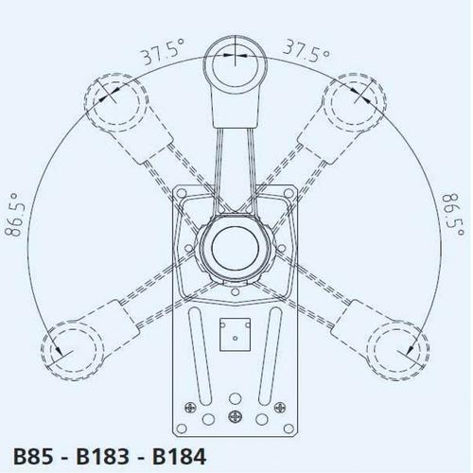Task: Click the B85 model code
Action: [33, 456]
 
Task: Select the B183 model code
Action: [103, 456]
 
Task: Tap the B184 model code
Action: [180, 456]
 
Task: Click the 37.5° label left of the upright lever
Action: [163, 51]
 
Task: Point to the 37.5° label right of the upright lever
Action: [307, 51]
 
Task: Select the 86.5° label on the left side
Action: [15, 215]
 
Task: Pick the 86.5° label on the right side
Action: [453, 215]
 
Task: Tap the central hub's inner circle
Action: [235, 248]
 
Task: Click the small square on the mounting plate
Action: [235, 334]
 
